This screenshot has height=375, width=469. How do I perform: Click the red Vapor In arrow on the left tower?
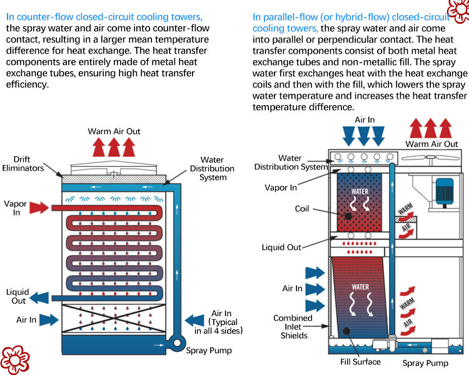pos(39,207)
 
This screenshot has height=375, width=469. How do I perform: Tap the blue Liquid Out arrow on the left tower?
pos(39,298)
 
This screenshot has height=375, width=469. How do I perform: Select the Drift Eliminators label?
pos(23,164)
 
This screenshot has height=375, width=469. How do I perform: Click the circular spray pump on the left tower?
pos(177,342)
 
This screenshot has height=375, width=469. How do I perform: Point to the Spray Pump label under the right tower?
pos(425,363)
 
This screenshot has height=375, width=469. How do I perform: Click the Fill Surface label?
pos(360,362)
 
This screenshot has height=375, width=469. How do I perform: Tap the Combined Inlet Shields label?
pos(293,326)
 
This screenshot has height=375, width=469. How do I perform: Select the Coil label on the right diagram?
pos(302,208)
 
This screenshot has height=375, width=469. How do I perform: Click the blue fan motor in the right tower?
pos(445,192)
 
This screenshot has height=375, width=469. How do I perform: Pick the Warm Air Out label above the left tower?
pos(114,131)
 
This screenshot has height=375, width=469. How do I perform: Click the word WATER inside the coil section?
pos(360,191)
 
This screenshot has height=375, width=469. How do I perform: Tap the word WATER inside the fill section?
pos(360,287)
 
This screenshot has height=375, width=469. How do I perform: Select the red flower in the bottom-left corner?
pos(15,360)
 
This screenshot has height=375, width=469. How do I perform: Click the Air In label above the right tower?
pos(365,120)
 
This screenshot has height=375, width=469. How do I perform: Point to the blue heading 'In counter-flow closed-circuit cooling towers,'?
pos(104,17)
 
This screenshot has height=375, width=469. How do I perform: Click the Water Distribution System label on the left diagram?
pos(212,168)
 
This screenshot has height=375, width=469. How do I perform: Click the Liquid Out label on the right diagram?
pos(281,247)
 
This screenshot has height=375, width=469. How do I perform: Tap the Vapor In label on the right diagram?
pos(281,187)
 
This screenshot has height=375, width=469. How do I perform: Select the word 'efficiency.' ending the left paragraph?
pos(28,84)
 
